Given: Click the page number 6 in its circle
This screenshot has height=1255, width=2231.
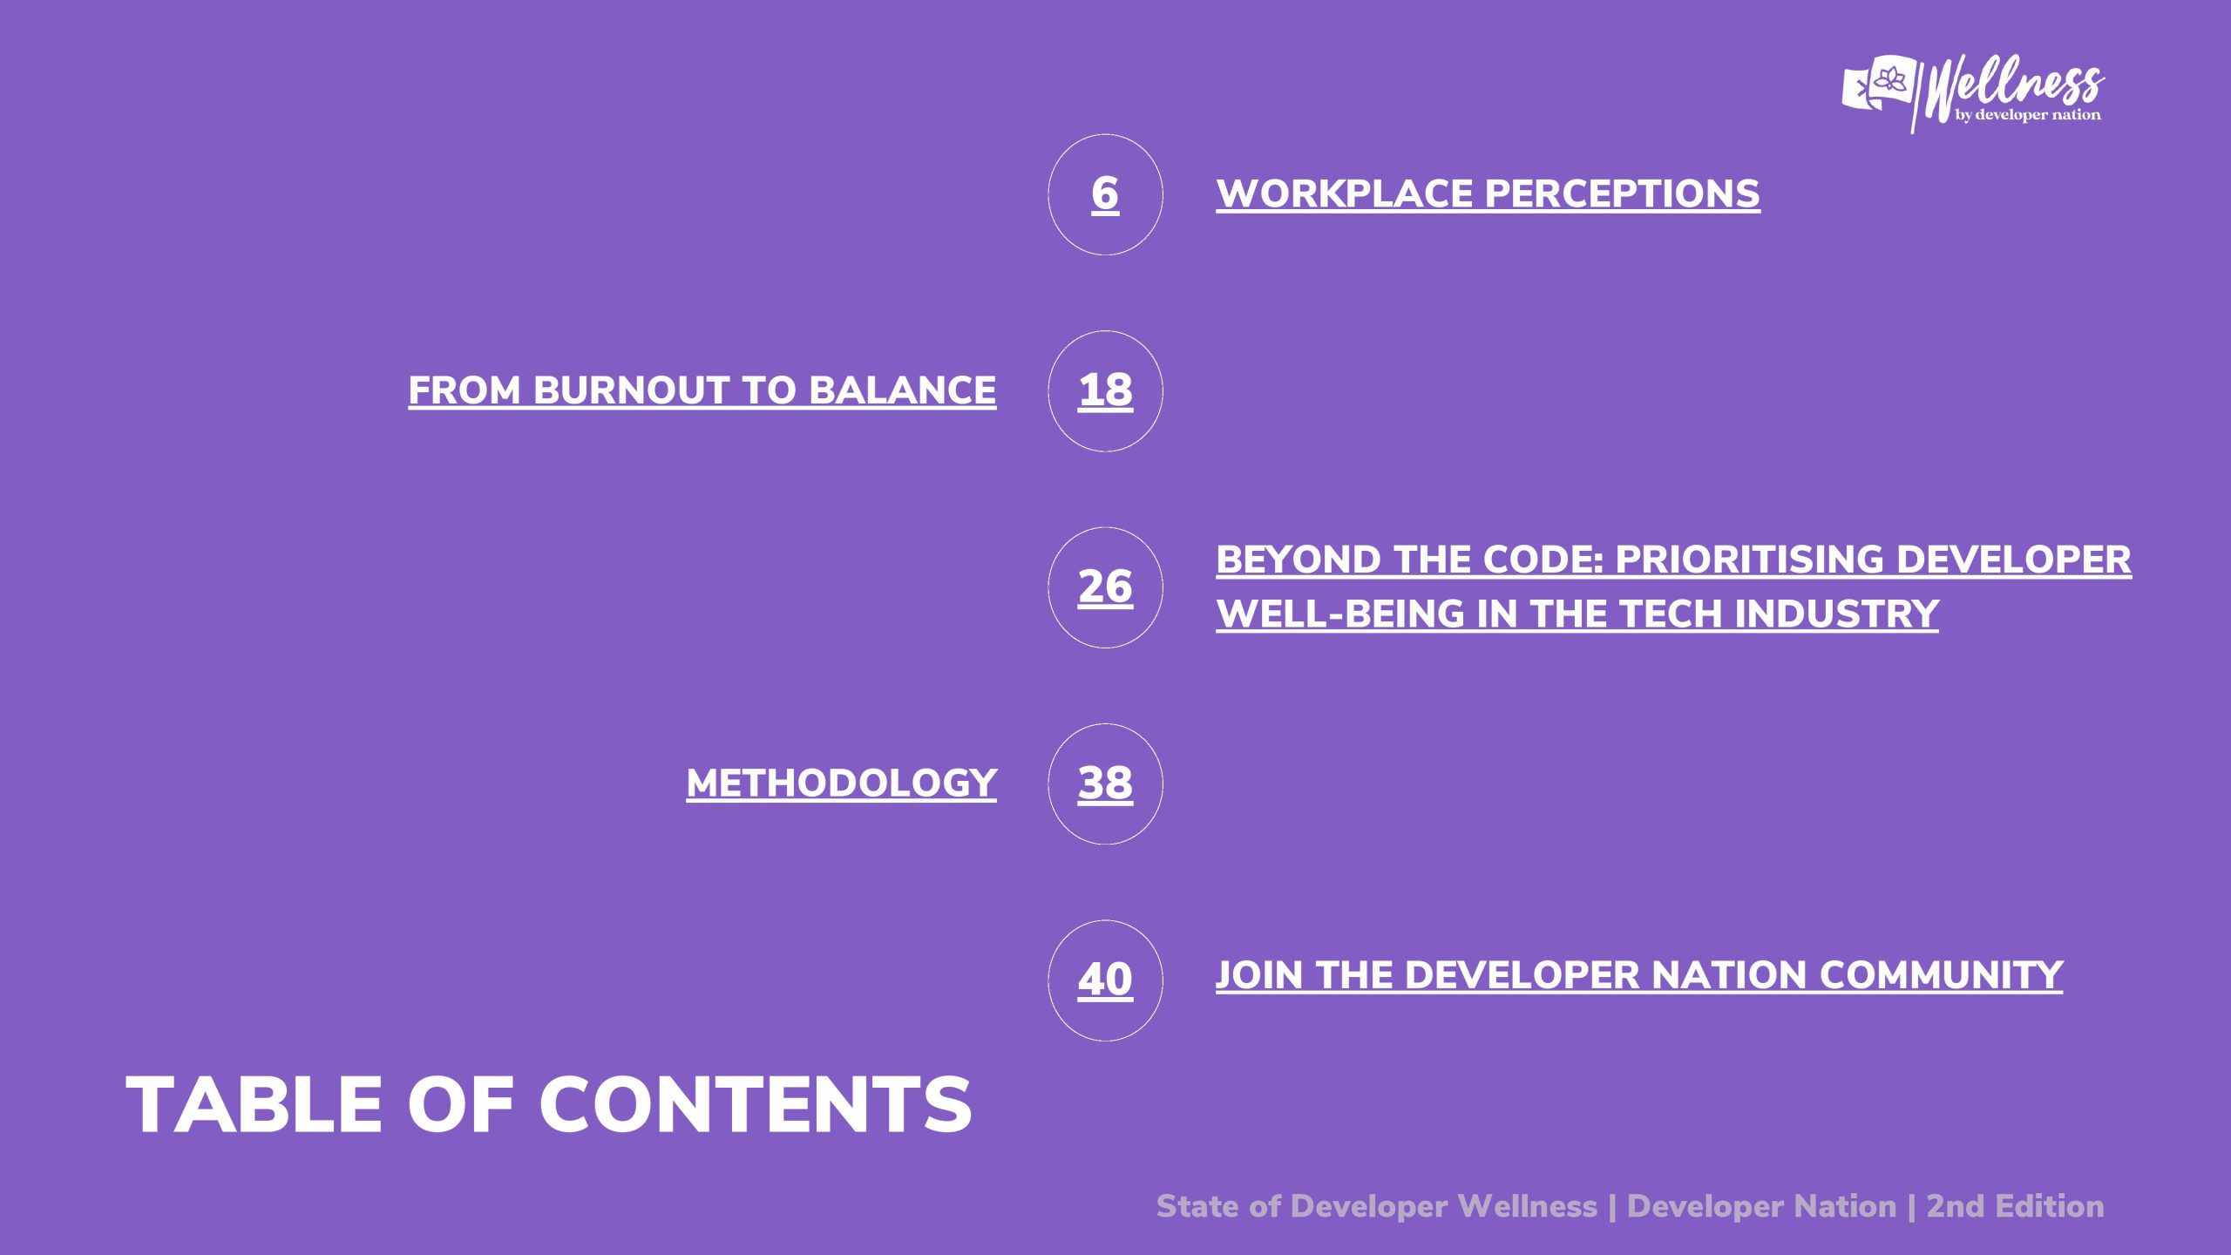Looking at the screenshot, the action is point(1105,193).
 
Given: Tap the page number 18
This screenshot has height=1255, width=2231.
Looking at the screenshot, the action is point(1105,390).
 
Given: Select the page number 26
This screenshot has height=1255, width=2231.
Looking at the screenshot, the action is point(1105,587).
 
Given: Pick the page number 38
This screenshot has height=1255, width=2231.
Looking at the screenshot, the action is point(1105,783).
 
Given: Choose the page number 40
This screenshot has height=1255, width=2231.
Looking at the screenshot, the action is point(1105,980).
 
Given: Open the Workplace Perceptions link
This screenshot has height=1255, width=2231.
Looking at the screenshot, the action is point(1488,193).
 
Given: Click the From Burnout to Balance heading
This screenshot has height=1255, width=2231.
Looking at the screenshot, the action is point(702,390).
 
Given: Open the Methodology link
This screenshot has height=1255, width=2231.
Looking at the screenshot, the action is point(841,783).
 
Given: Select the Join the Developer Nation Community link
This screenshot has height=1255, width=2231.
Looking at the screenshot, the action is point(1639,974).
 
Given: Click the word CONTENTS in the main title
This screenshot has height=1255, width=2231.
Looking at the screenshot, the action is point(756,1104).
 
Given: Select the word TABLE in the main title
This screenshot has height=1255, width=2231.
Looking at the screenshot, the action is point(254,1104).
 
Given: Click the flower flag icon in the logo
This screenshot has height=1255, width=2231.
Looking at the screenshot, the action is point(1880,84).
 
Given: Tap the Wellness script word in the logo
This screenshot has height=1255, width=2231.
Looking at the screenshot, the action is point(2014,87).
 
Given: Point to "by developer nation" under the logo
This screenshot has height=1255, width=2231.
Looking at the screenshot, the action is point(2028,115).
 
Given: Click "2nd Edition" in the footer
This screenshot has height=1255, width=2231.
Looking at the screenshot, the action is point(2015,1206).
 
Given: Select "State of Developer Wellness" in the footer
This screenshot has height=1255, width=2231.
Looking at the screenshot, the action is point(1377,1206).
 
